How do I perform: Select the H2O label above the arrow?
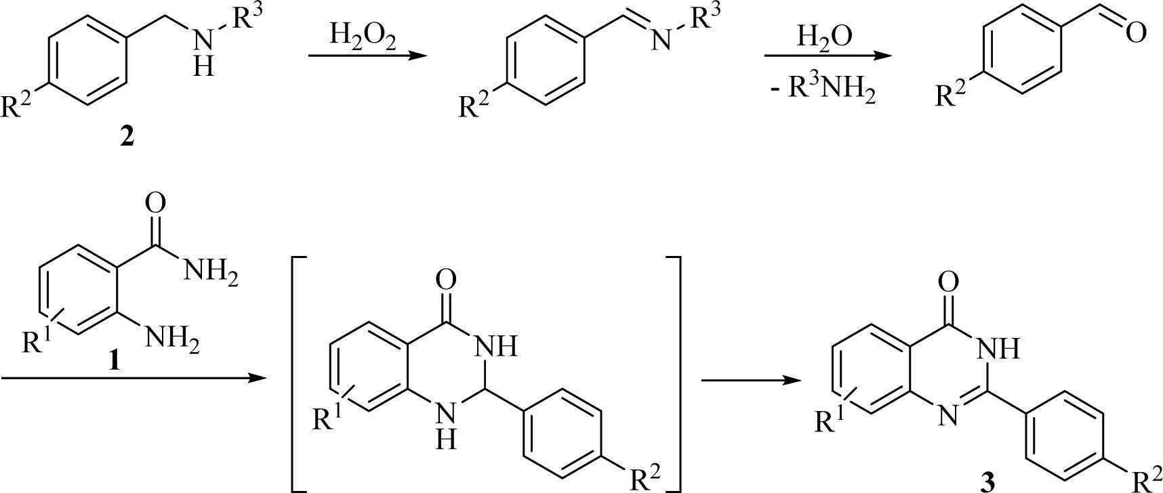click(824, 36)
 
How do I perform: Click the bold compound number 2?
click(127, 137)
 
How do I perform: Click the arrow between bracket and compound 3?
click(746, 381)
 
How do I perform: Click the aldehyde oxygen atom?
click(1137, 32)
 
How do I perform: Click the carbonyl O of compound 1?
click(155, 203)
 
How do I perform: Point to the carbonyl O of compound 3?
click(950, 280)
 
